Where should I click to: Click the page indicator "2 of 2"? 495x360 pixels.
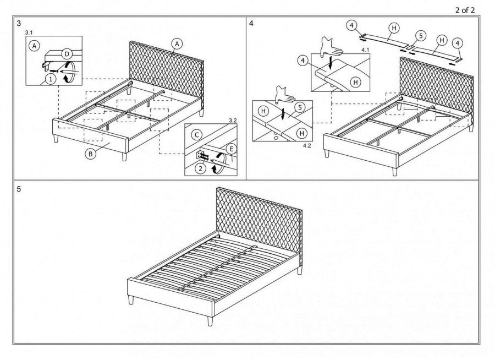click(x=465, y=9)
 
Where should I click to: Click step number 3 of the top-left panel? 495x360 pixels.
click(x=19, y=24)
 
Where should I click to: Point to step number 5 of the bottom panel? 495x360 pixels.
click(x=19, y=188)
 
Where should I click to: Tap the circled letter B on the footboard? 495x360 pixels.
click(x=90, y=154)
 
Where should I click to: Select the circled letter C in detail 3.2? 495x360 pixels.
click(x=196, y=134)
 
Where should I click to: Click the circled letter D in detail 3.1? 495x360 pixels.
click(x=66, y=53)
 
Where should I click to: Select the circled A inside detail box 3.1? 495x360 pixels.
click(x=35, y=46)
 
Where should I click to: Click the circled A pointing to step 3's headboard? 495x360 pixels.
click(x=177, y=43)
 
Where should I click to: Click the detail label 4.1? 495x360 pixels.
click(x=365, y=50)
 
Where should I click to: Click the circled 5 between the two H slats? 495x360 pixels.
click(x=420, y=36)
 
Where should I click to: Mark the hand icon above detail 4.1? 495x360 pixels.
click(x=332, y=43)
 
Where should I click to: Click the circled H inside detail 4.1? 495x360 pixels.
click(x=356, y=82)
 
